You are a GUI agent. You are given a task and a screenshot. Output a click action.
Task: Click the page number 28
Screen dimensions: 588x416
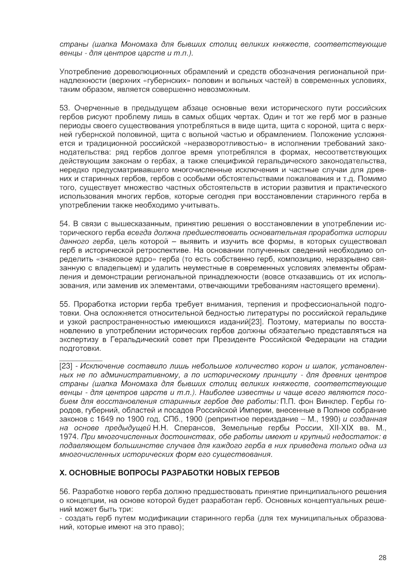[x=382, y=557]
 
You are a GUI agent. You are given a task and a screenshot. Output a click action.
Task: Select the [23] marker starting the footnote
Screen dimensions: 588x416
[x=66, y=367]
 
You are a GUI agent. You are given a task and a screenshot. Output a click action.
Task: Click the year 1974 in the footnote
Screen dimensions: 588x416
[x=69, y=437]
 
